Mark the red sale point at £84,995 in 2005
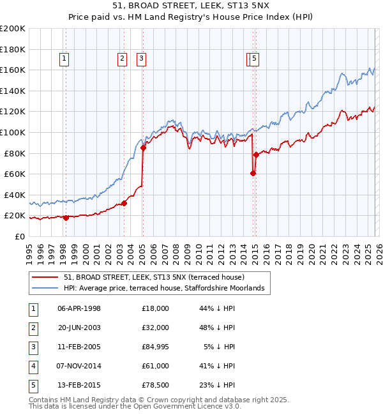pos(143,148)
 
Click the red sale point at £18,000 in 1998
pos(66,218)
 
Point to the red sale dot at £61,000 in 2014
pos(253,173)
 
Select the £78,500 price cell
pos(156,385)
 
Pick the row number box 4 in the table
pos(33,366)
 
